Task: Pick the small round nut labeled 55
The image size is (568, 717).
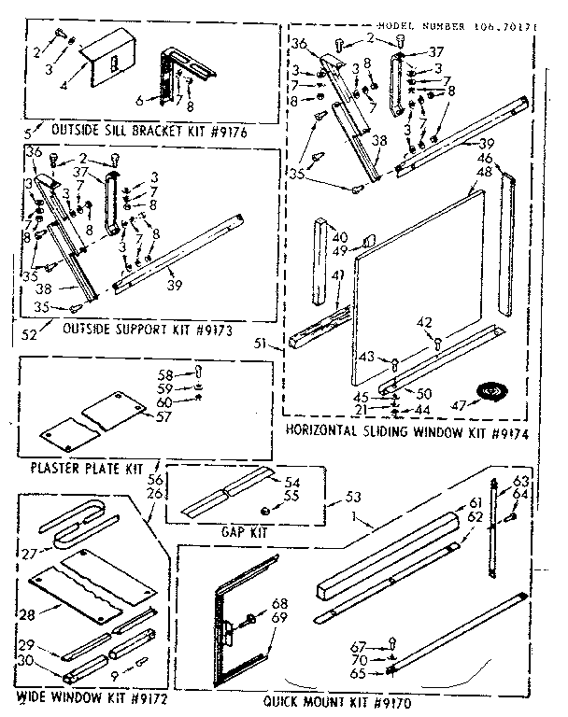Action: (x=265, y=511)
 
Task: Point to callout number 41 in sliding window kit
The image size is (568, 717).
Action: (x=336, y=274)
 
